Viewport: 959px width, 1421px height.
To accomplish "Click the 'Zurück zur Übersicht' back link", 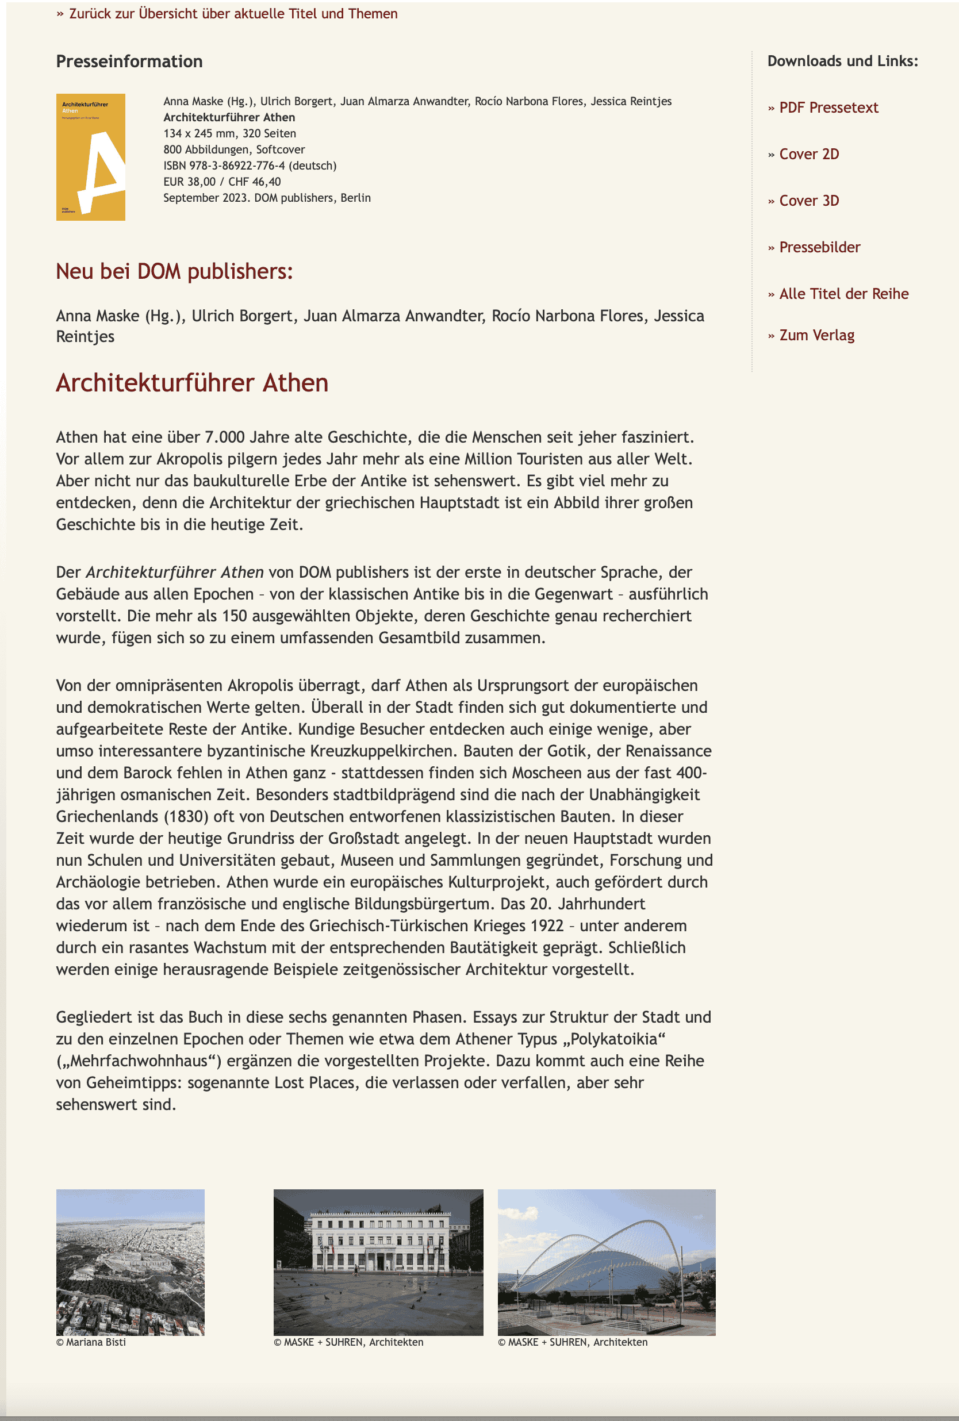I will click(232, 13).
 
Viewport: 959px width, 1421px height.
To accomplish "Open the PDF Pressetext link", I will click(828, 107).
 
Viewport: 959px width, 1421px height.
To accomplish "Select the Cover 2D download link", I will click(808, 154).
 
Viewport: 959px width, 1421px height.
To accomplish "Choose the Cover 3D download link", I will click(808, 201).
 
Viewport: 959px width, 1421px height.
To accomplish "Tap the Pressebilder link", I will click(819, 247).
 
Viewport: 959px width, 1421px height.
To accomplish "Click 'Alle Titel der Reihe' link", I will click(843, 294).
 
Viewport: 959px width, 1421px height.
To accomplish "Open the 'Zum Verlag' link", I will click(816, 335).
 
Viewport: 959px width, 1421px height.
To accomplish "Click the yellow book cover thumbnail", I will click(90, 156).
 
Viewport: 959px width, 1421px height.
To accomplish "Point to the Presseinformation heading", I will click(129, 61).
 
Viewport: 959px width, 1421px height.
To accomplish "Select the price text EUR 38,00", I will click(190, 182).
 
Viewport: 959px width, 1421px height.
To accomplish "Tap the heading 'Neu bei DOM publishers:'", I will click(174, 271).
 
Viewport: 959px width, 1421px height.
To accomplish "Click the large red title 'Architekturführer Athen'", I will click(192, 383).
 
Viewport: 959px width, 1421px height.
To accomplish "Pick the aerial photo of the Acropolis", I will click(131, 1261).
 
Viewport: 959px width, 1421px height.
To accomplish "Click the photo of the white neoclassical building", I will click(378, 1261).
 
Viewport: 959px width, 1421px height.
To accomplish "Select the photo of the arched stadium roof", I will click(606, 1261).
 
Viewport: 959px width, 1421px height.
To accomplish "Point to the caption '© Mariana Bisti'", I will click(91, 1342).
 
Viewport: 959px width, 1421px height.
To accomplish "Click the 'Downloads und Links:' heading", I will click(842, 61).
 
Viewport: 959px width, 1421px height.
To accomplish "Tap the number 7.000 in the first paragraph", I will click(226, 437).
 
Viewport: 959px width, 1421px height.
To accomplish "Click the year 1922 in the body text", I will click(547, 925).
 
